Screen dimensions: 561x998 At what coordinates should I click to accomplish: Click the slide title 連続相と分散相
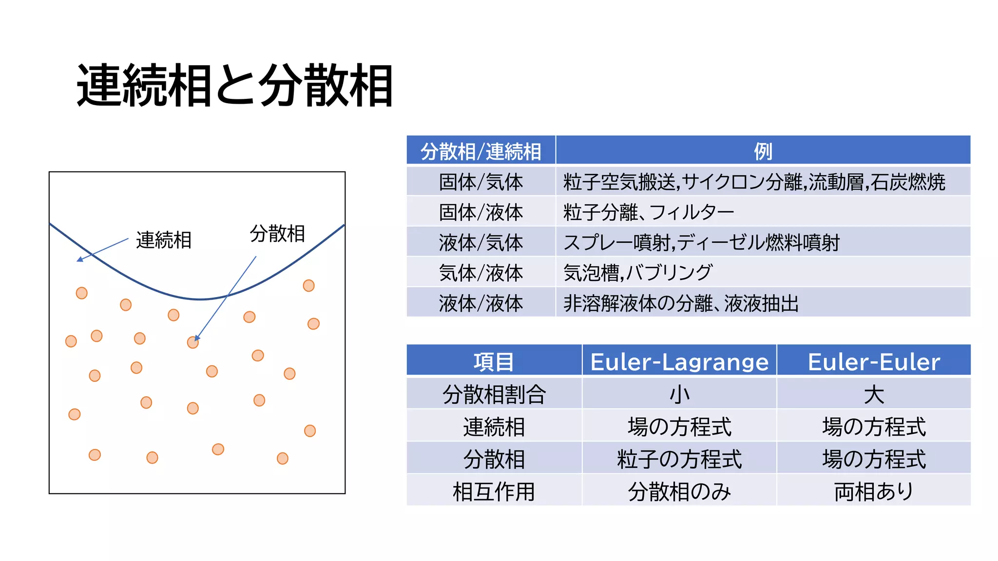[234, 86]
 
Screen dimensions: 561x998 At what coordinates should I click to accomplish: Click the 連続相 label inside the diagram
[164, 240]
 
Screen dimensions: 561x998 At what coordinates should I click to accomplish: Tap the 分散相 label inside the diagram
[277, 233]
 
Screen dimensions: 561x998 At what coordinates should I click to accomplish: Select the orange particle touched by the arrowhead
[192, 343]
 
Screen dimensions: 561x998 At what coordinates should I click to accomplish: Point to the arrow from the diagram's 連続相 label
[102, 250]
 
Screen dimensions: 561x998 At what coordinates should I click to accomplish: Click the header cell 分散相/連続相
[480, 151]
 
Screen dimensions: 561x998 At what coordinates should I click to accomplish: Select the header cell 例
[763, 151]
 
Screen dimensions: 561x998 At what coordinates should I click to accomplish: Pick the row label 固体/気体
[480, 182]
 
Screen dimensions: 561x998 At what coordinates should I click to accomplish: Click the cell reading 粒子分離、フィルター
[648, 212]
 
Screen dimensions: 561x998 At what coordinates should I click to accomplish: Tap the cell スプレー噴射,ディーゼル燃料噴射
[701, 243]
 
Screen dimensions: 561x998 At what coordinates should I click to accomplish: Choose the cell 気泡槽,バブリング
[638, 273]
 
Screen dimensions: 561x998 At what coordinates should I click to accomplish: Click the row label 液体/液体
[480, 303]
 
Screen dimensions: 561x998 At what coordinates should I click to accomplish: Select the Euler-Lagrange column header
[679, 361]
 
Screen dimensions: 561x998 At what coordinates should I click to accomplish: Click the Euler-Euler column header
[874, 361]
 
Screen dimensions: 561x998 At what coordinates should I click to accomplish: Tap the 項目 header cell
[494, 361]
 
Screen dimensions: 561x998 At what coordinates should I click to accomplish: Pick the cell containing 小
[679, 394]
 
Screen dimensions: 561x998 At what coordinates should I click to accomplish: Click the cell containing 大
[874, 394]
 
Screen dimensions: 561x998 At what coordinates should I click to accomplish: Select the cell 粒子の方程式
[679, 459]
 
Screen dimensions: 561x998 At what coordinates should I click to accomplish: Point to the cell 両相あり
[874, 491]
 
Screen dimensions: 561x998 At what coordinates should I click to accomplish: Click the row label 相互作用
[494, 491]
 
